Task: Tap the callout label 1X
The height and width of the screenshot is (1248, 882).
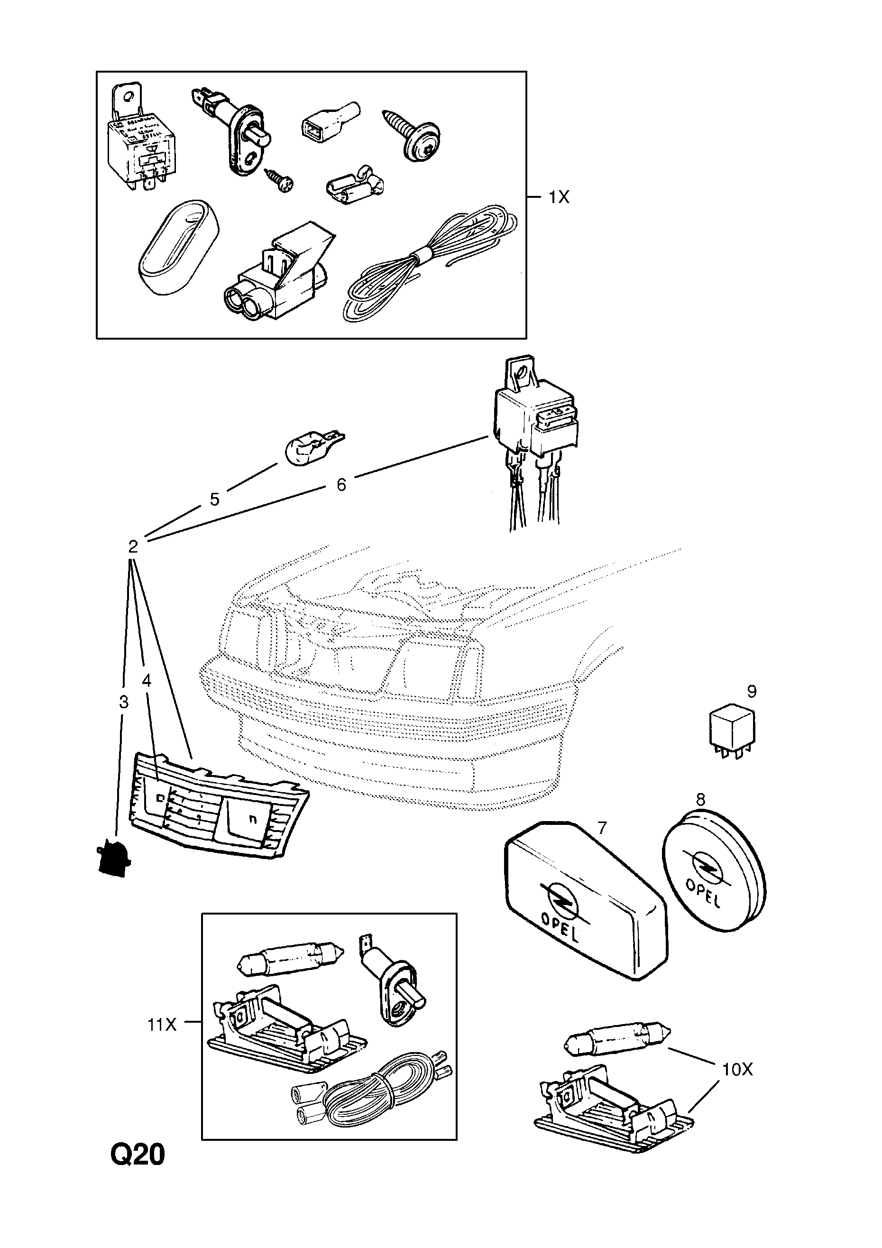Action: pyautogui.click(x=558, y=197)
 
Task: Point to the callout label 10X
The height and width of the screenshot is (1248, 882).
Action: pyautogui.click(x=737, y=1070)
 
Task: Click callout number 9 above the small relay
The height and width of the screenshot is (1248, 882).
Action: pyautogui.click(x=752, y=692)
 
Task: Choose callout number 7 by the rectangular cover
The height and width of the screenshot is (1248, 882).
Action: pyautogui.click(x=602, y=828)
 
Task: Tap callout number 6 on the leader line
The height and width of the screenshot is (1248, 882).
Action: pyautogui.click(x=341, y=484)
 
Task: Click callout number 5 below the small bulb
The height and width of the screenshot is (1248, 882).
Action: pyautogui.click(x=215, y=499)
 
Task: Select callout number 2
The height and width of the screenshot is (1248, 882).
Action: pyautogui.click(x=133, y=546)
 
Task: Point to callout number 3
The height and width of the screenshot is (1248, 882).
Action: pyautogui.click(x=123, y=703)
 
